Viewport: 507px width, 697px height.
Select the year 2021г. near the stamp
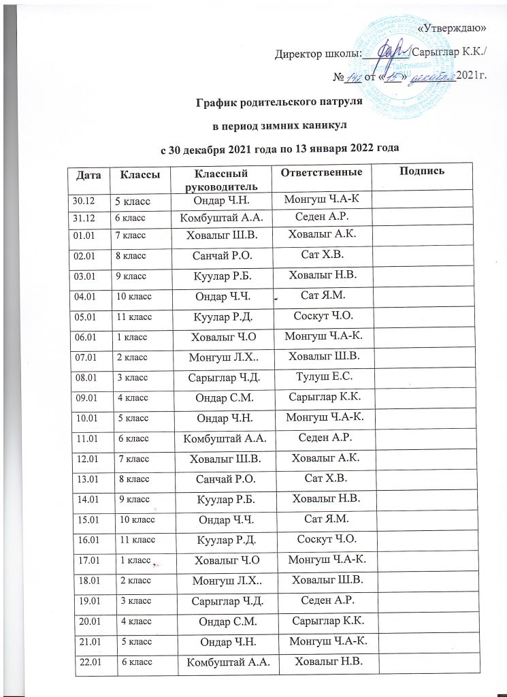[474, 75]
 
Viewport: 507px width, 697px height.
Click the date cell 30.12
[82, 200]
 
